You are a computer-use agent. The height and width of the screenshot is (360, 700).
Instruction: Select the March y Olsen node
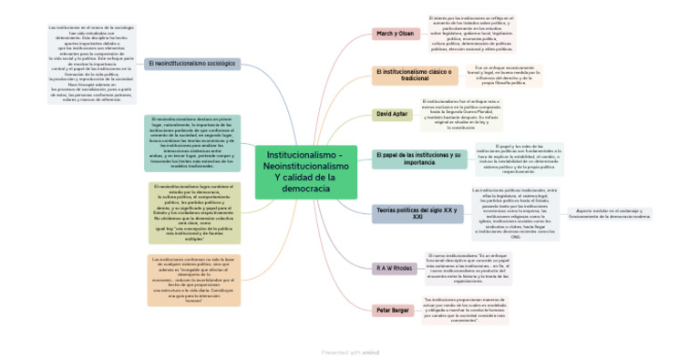tap(395, 34)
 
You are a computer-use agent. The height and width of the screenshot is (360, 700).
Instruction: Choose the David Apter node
tap(393, 114)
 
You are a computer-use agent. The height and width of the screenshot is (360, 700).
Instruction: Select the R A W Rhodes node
tap(395, 268)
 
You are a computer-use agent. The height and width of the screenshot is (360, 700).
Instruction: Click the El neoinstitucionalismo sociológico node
tap(191, 64)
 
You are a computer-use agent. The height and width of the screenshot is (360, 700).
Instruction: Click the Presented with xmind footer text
tap(350, 352)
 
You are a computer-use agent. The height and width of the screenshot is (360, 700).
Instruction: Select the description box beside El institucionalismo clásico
tap(503, 75)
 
